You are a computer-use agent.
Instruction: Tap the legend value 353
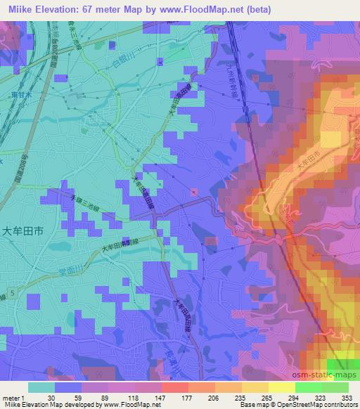click(x=347, y=397)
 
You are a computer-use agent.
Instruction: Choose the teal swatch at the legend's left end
click(x=41, y=387)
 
